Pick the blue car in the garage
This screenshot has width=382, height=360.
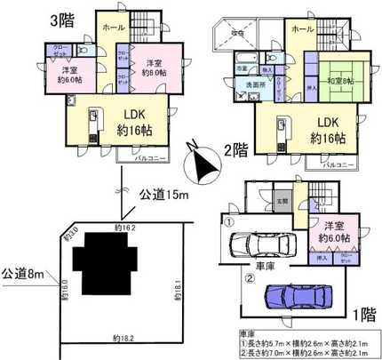point(292,293)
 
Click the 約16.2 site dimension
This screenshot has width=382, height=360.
point(126,229)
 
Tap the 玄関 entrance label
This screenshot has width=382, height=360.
point(281,200)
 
